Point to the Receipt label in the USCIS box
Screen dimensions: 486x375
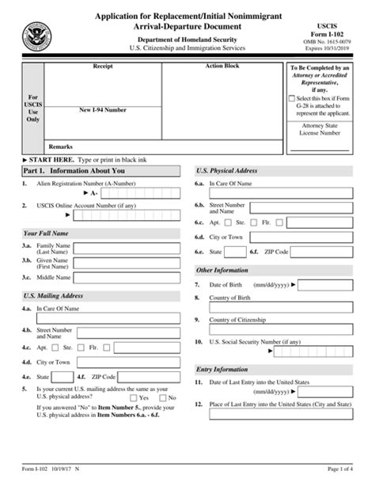[x=103, y=68]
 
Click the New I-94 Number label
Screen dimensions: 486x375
[x=103, y=112]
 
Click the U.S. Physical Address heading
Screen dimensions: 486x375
[x=226, y=170]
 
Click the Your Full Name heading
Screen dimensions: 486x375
[x=45, y=234]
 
